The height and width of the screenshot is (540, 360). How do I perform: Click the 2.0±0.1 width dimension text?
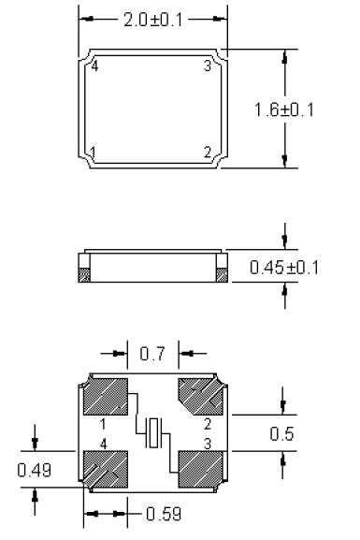pyautogui.click(x=153, y=20)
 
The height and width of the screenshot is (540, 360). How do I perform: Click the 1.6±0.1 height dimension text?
pyautogui.click(x=284, y=110)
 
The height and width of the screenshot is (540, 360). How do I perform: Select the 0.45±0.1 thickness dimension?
pyautogui.click(x=284, y=268)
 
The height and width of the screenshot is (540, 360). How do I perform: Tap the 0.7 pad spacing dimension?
pyautogui.click(x=152, y=354)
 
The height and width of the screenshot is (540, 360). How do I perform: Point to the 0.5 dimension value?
pyautogui.click(x=281, y=434)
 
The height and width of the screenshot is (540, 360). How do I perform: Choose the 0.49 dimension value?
pyautogui.click(x=35, y=470)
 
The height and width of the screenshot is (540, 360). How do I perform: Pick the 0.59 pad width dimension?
pyautogui.click(x=164, y=514)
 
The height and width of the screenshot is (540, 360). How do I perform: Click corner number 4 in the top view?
pyautogui.click(x=95, y=66)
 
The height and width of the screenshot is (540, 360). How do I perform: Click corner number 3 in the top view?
pyautogui.click(x=208, y=66)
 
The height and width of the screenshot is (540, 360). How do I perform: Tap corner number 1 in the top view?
pyautogui.click(x=93, y=152)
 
